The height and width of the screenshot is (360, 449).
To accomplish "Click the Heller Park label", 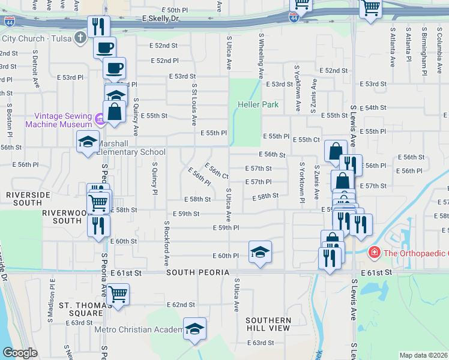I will [x=262, y=104].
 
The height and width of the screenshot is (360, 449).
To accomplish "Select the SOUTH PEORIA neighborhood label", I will [x=190, y=272].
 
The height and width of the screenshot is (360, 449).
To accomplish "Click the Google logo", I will [x=20, y=353].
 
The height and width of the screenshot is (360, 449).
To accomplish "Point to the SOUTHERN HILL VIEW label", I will [x=268, y=325].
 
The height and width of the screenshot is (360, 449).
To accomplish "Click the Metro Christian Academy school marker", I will [x=194, y=329].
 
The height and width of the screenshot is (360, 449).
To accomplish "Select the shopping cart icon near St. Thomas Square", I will [x=118, y=294].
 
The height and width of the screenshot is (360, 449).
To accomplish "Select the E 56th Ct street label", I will [x=217, y=171].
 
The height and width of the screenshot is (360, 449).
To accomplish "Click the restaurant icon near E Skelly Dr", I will [x=98, y=26].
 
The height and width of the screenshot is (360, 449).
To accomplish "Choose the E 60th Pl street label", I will [x=224, y=256].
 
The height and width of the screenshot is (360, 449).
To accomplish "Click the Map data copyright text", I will [x=424, y=355].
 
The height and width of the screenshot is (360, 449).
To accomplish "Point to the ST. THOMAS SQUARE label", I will [x=80, y=309].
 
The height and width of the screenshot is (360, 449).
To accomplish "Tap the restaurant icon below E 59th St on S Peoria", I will [x=98, y=225].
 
